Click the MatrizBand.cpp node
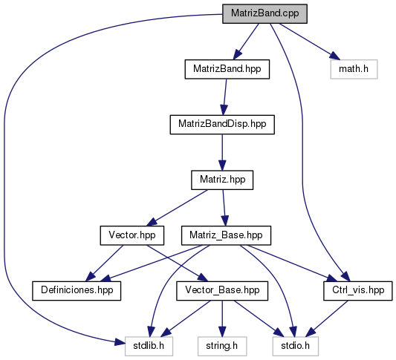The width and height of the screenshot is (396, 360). click(x=264, y=14)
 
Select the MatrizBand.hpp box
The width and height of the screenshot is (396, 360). click(x=227, y=69)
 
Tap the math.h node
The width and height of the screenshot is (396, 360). click(x=354, y=69)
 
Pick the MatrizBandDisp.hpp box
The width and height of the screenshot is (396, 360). click(x=222, y=125)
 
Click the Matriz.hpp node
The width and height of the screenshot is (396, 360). click(x=222, y=180)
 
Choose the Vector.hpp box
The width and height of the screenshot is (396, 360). click(x=132, y=235)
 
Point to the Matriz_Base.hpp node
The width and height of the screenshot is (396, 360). click(x=226, y=235)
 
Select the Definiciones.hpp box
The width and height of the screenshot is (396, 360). click(x=77, y=291)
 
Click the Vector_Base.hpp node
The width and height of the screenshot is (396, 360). click(x=222, y=291)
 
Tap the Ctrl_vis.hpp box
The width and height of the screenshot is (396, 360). click(x=358, y=291)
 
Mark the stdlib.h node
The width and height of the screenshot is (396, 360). click(x=149, y=346)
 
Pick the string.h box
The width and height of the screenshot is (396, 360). click(x=222, y=346)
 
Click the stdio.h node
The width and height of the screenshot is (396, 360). click(x=296, y=346)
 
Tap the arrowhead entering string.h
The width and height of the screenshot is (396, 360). click(x=222, y=331)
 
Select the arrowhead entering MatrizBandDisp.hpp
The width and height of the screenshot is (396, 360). click(x=223, y=110)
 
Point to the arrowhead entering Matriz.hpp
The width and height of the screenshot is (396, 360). click(x=222, y=166)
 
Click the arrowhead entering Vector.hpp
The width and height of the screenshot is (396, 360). click(x=151, y=222)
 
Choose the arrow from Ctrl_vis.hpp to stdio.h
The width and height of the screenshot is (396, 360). click(x=328, y=318)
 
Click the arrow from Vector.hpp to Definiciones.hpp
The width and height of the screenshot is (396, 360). click(x=104, y=263)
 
